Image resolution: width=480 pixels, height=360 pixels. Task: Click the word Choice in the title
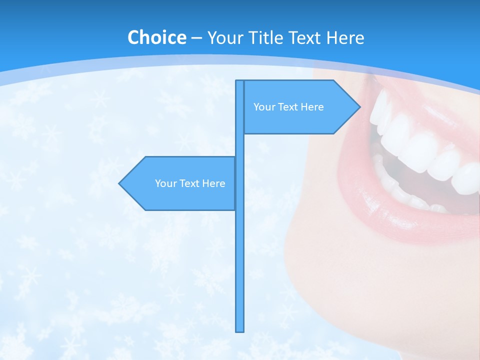(156, 37)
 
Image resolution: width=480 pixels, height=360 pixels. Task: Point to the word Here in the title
(345, 37)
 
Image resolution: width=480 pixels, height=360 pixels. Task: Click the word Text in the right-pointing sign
(288, 107)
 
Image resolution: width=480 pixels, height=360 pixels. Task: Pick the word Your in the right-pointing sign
(264, 107)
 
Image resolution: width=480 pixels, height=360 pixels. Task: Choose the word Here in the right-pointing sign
(312, 107)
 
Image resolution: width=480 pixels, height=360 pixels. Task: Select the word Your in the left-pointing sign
(165, 183)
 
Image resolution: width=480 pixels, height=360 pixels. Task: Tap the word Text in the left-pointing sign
(190, 183)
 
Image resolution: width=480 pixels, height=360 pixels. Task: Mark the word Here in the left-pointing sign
(214, 183)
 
